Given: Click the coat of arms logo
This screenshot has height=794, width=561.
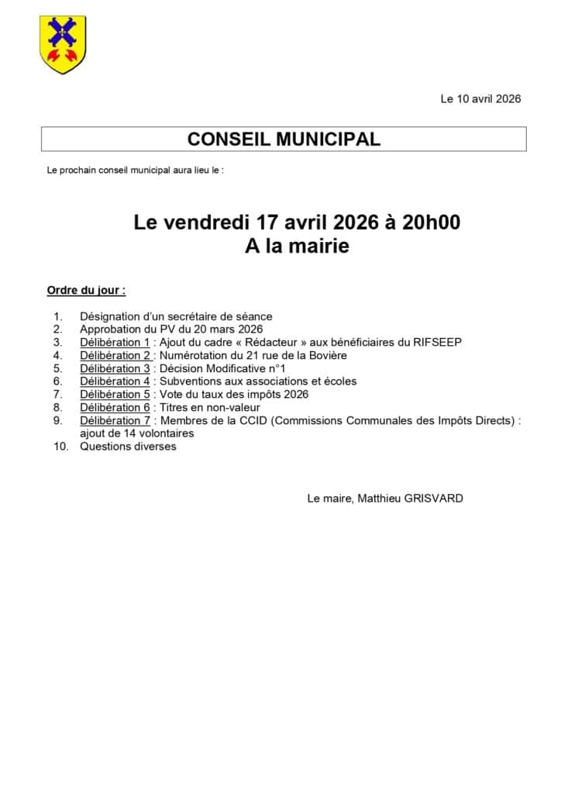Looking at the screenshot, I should coord(63,45).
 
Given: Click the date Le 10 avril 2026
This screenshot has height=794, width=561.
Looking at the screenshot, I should coord(480,98).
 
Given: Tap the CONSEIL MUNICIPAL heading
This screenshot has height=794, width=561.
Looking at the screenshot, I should coord(284,139).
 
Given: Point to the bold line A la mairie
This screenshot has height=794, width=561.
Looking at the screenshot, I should coord(297,247).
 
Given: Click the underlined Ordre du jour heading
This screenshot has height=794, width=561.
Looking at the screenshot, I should coord(86,291).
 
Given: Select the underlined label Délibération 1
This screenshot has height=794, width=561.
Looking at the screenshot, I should coord(115,342).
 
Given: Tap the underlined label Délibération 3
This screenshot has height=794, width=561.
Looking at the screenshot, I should coord(115,368).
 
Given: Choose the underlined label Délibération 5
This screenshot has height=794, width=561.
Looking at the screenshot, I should coord(115,394).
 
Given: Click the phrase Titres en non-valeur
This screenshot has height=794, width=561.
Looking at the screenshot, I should coord(209,407).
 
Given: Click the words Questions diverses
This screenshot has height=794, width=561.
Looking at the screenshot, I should coord(128,447).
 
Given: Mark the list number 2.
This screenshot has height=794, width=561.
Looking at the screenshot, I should coord(57,329).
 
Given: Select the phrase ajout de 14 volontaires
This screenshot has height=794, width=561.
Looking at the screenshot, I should coord(136,433).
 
